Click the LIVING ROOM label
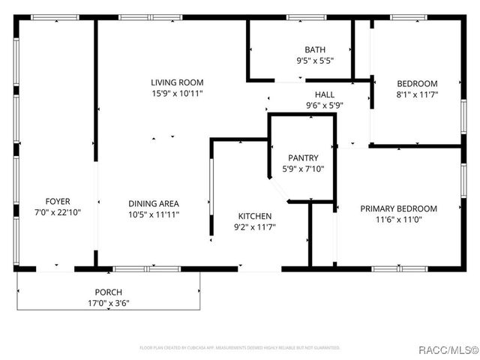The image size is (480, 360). tap(177, 82)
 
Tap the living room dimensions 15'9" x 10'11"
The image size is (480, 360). tap(177, 94)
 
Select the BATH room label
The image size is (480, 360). tap(314, 49)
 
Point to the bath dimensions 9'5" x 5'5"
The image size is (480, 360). tap(314, 61)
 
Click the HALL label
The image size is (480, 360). tap(324, 94)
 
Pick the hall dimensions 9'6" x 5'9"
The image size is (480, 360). tap(324, 106)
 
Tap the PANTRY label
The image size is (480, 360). tap(303, 158)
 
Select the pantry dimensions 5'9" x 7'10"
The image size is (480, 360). tap(303, 169)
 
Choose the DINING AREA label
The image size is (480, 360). tap(153, 203)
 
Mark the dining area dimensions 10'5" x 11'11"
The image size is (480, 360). tap(153, 214)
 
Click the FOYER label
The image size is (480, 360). tap(58, 201)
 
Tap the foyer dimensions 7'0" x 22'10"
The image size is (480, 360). tap(58, 212)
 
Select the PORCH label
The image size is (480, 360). tap(108, 292)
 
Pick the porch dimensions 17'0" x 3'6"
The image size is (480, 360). tap(108, 304)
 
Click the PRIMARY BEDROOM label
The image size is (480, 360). tap(398, 208)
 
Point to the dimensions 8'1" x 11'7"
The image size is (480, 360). tap(417, 94)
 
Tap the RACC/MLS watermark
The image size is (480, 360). tap(448, 348)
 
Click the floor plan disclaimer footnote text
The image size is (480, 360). tap(240, 348)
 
